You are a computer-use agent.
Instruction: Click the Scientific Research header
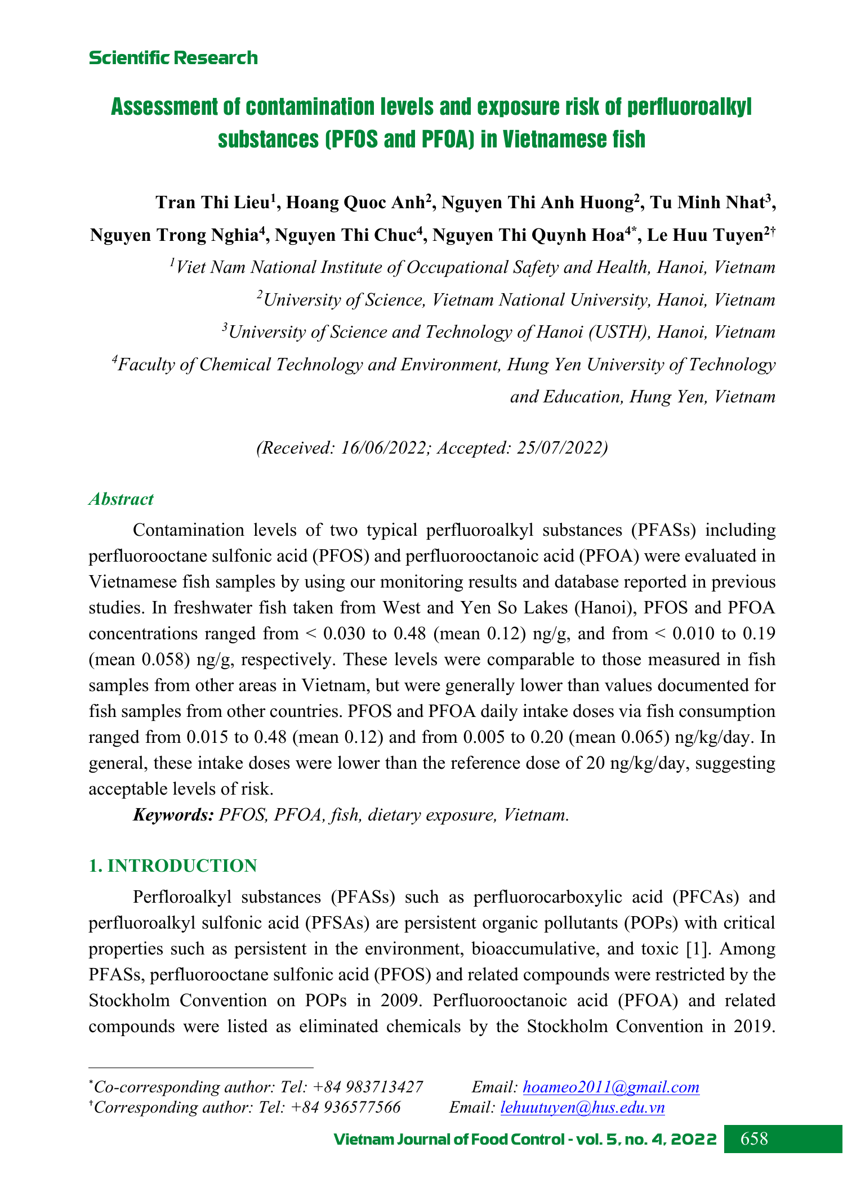pyautogui.click(x=173, y=58)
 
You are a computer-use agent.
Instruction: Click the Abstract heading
pyautogui.click(x=121, y=499)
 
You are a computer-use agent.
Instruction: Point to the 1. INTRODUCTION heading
pyautogui.click(x=173, y=866)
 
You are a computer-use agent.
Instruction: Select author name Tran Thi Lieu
pyautogui.click(x=212, y=203)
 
